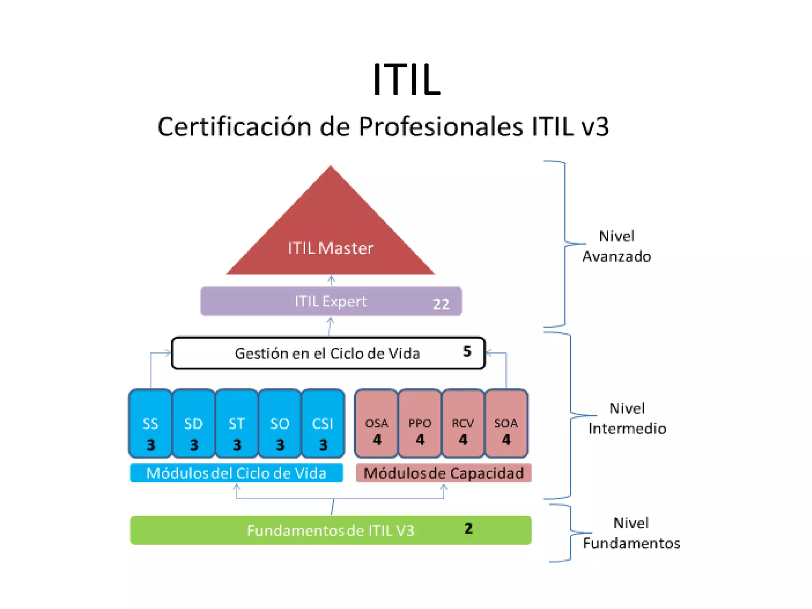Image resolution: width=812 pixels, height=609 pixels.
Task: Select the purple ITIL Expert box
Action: pyautogui.click(x=331, y=301)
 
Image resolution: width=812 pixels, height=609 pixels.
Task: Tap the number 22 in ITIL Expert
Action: pyautogui.click(x=441, y=304)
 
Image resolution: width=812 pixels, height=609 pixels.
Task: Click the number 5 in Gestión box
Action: pyautogui.click(x=467, y=351)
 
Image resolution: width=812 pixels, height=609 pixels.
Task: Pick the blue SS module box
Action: pyautogui.click(x=150, y=423)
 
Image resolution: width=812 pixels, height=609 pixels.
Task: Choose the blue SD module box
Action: pyautogui.click(x=193, y=423)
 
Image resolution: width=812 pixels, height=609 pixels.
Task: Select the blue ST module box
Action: pyautogui.click(x=237, y=423)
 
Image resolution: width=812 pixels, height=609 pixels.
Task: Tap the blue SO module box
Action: pyautogui.click(x=280, y=423)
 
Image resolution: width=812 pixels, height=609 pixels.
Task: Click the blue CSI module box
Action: pyautogui.click(x=323, y=423)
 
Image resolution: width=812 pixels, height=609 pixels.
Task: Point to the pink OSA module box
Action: pyautogui.click(x=377, y=423)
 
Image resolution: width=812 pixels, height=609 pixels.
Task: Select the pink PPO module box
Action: pyautogui.click(x=420, y=423)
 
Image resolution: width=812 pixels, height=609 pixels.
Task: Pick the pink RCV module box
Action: pyautogui.click(x=463, y=423)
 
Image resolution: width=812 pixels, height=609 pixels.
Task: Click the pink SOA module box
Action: pyautogui.click(x=506, y=423)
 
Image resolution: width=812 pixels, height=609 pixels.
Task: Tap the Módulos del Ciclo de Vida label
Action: pyautogui.click(x=236, y=473)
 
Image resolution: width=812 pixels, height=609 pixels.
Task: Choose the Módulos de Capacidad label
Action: pyautogui.click(x=443, y=473)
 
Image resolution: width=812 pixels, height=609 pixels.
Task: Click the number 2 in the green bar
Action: pyautogui.click(x=468, y=529)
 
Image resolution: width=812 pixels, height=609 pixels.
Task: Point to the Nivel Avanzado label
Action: pyautogui.click(x=617, y=246)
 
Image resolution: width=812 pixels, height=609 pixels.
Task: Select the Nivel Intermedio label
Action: pyautogui.click(x=627, y=418)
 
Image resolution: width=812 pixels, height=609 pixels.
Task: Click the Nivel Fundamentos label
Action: pyautogui.click(x=631, y=533)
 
